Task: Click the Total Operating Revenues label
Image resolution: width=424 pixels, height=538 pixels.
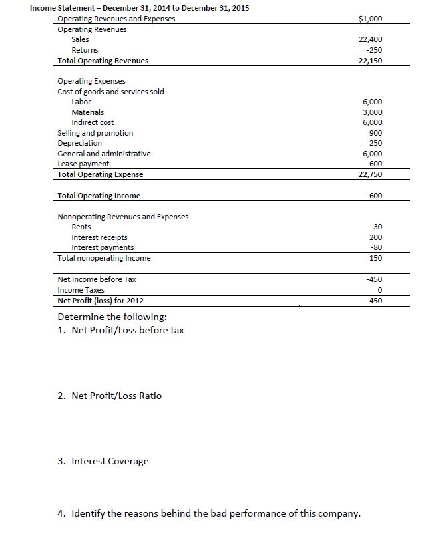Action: coord(103,61)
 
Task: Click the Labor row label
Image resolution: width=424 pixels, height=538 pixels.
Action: coord(81,102)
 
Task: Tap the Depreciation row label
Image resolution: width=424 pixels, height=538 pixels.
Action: coord(80,143)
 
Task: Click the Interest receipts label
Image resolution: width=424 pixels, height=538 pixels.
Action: coord(99,237)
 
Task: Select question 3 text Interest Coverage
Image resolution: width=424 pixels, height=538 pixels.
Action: coord(110,461)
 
